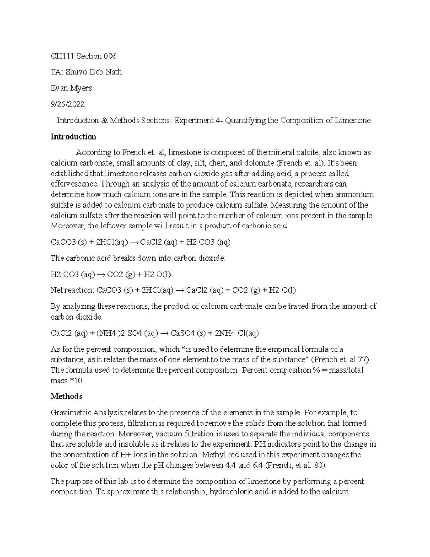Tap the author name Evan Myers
coord(71,88)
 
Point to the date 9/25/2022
coord(67,104)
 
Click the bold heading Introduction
coord(73,137)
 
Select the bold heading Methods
coord(66,396)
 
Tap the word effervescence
coord(74,184)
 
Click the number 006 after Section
coord(110,56)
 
